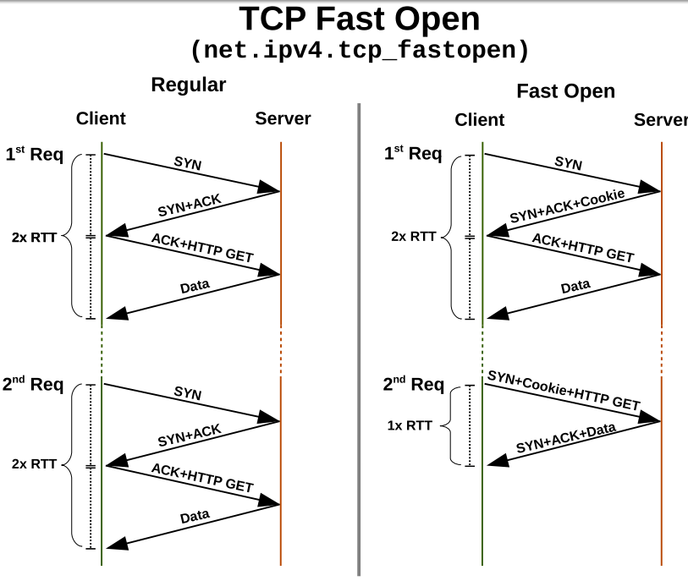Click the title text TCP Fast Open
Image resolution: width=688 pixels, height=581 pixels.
359,19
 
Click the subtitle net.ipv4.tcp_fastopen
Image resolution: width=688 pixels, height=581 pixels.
361,50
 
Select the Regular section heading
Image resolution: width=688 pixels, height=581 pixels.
189,85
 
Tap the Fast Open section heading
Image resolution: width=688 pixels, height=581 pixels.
565,90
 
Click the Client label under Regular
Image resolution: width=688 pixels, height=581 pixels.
101,118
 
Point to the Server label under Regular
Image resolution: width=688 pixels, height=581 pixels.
283,118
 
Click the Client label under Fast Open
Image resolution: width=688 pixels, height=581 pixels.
479,119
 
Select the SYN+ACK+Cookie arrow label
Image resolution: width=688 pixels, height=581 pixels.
566,207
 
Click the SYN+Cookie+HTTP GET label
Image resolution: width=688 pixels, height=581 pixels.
563,390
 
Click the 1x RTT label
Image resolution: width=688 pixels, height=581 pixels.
410,425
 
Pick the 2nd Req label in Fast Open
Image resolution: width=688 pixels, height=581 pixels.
413,384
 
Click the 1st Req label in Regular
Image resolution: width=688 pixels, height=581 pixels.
34,153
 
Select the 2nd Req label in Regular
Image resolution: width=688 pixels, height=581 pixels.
34,384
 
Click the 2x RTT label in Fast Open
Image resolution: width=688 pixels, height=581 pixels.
412,236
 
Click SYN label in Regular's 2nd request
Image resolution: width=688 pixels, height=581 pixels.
187,393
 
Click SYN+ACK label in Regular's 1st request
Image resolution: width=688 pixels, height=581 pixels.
188,206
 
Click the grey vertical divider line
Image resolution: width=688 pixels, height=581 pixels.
359,338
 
